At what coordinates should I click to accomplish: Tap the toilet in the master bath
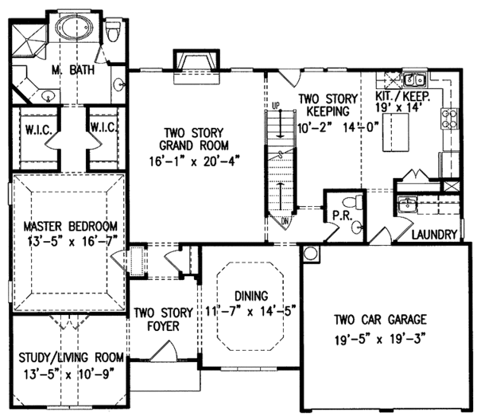[x=111, y=31]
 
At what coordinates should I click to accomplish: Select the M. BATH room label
[x=73, y=70]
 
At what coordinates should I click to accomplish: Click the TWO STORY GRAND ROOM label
[x=194, y=139]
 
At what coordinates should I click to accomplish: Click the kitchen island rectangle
[x=395, y=132]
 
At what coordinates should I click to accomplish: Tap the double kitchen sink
[x=415, y=80]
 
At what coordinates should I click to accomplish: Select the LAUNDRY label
[x=434, y=235]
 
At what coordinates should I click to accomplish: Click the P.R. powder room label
[x=342, y=216]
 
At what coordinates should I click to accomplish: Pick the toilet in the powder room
[x=352, y=201]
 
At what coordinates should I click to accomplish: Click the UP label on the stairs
[x=275, y=106]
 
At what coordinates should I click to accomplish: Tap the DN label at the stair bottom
[x=285, y=221]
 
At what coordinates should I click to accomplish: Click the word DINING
[x=251, y=296]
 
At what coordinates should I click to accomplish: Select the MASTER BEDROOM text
[x=70, y=227]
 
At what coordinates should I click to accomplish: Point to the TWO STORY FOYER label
[x=163, y=319]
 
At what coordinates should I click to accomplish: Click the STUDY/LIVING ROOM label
[x=72, y=357]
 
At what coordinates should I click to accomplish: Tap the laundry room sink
[x=407, y=204]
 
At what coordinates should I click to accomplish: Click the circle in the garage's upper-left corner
[x=311, y=254]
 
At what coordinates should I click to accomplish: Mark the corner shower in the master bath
[x=28, y=40]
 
